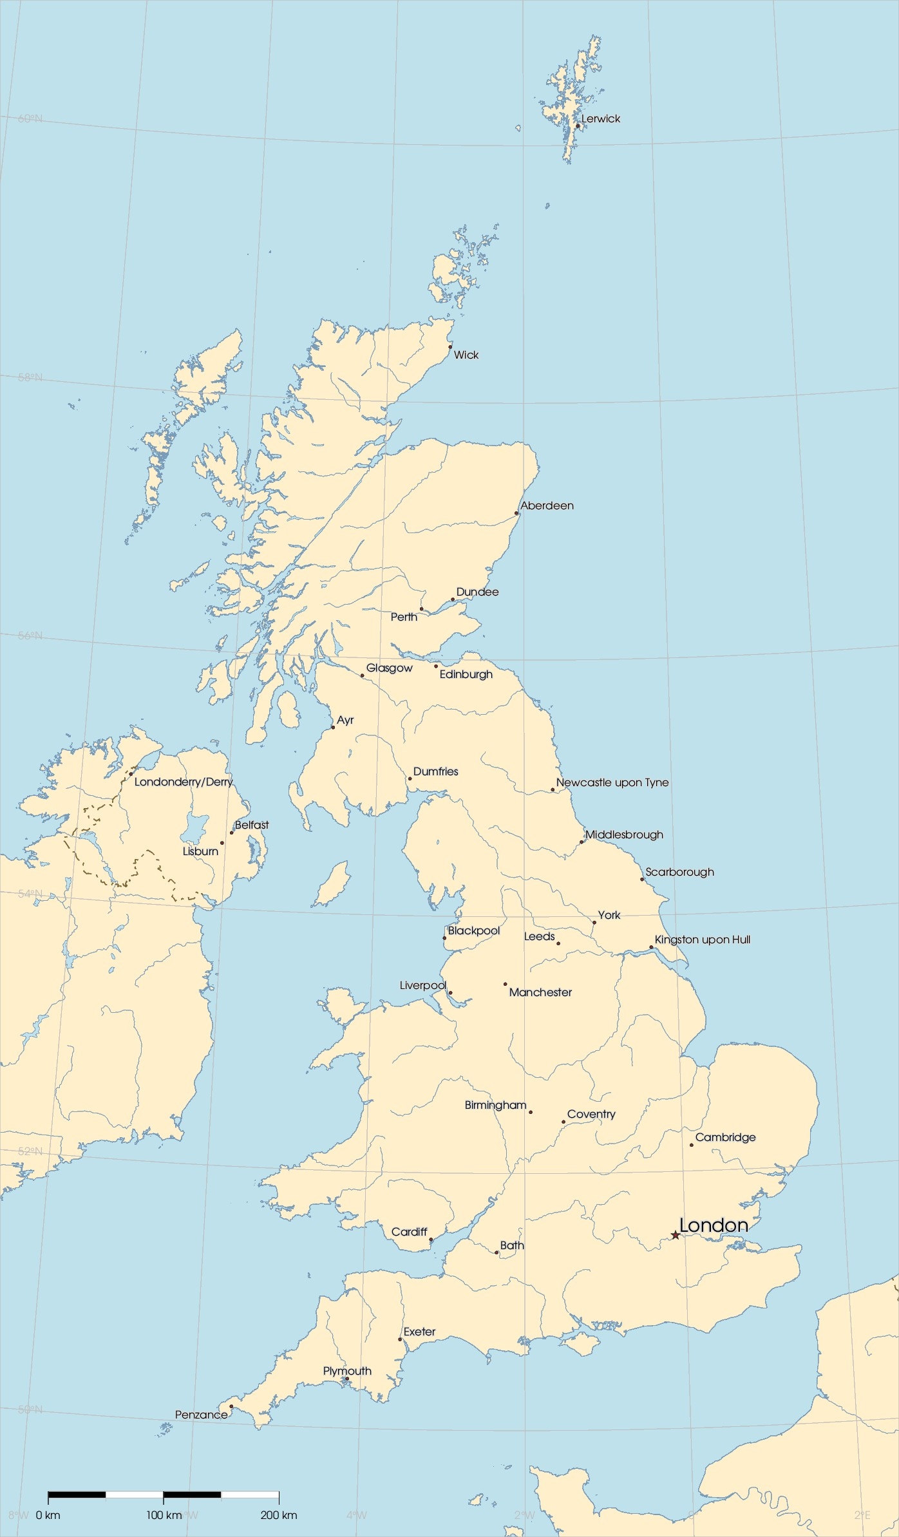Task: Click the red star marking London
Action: click(675, 1235)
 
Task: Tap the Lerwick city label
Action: click(600, 119)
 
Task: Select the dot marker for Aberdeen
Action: click(516, 513)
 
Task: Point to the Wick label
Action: click(466, 355)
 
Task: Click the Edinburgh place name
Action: click(466, 675)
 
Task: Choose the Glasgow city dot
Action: click(362, 675)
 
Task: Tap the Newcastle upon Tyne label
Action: click(612, 783)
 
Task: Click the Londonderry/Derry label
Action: click(184, 782)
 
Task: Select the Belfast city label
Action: click(252, 825)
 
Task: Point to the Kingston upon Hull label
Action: click(702, 940)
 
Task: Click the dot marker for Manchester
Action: click(505, 984)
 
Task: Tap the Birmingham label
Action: click(495, 1106)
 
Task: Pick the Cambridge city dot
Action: click(692, 1145)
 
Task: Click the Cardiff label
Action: click(409, 1232)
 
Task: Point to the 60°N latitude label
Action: click(30, 119)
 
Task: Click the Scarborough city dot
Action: click(642, 880)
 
